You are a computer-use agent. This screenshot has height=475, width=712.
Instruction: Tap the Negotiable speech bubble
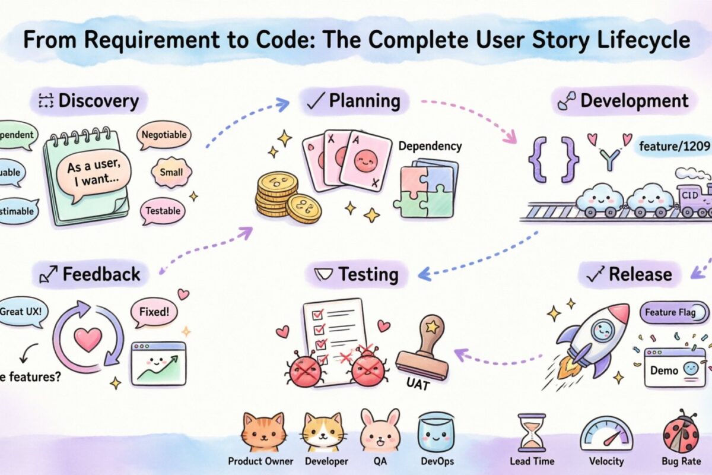click(164, 135)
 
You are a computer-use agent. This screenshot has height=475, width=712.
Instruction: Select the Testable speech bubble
click(163, 211)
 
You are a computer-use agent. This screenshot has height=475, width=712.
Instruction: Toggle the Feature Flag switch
click(675, 312)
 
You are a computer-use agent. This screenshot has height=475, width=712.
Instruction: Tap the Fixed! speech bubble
click(154, 312)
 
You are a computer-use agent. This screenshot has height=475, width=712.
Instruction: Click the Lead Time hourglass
click(532, 433)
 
